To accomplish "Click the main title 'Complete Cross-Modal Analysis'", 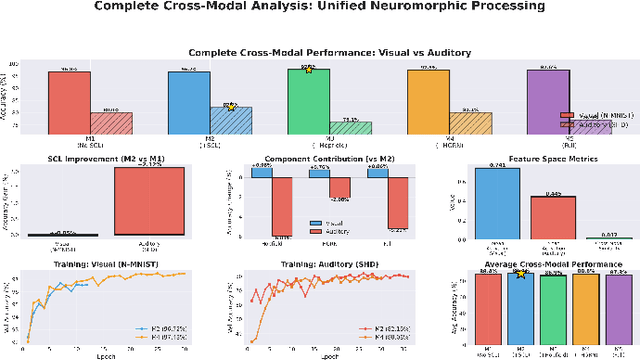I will click(320, 8).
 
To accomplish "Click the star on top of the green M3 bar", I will click(308, 69).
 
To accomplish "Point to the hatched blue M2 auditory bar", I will click(230, 121).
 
